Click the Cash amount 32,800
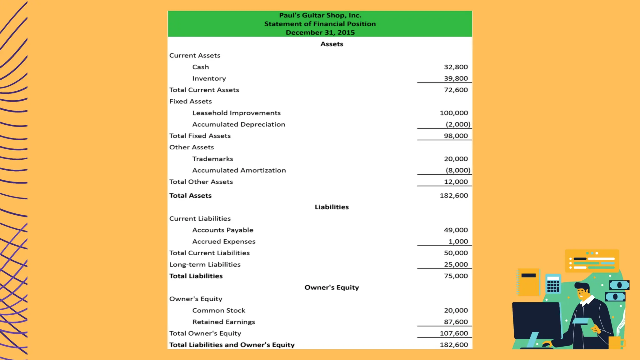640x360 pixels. pos(456,67)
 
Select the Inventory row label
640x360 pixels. pos(209,78)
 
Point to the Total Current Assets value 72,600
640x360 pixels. pos(456,90)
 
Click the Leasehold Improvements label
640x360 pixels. pos(236,113)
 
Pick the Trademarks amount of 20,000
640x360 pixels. pos(456,159)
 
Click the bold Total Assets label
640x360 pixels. pos(190,196)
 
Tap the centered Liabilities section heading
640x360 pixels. pos(332,207)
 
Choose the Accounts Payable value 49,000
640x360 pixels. pos(456,230)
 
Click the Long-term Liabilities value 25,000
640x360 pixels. pos(456,264)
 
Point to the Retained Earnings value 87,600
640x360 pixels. pos(456,322)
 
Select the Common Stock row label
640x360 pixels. pos(219,310)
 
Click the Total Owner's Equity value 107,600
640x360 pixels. pos(454,333)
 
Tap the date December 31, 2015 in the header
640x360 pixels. pos(320,32)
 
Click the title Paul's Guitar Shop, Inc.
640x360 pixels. pos(320,15)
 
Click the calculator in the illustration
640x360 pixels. pos(553,284)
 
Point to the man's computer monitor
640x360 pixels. pos(536,320)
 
